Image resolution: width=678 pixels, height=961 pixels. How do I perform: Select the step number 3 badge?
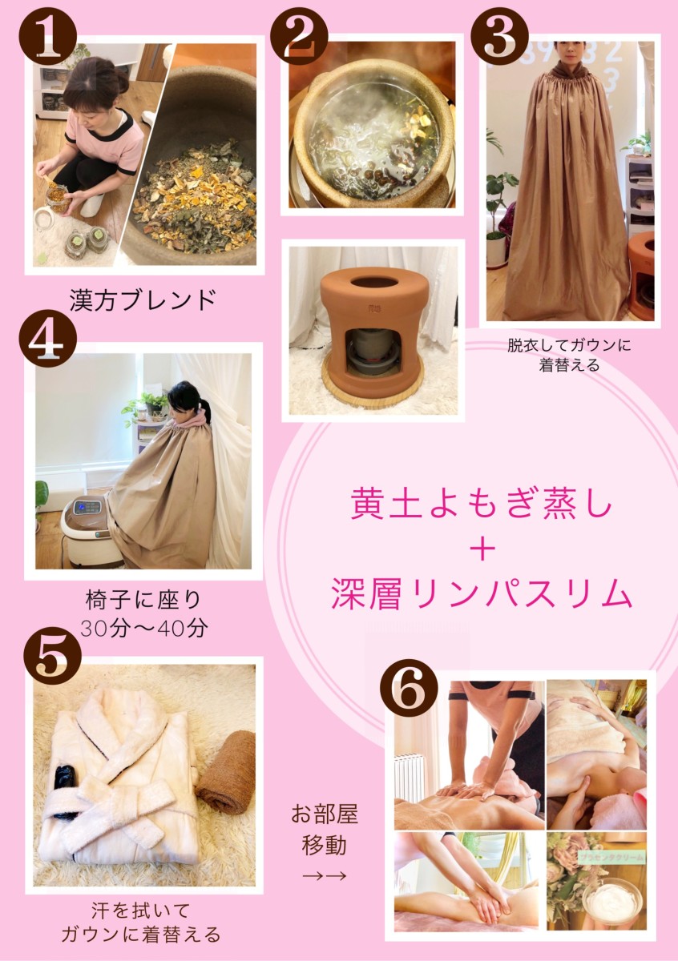(x=499, y=36)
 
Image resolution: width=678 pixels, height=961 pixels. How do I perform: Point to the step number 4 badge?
(x=48, y=338)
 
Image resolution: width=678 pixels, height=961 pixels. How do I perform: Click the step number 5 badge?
(x=52, y=657)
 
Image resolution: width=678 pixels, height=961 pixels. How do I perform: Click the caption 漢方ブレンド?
(x=143, y=300)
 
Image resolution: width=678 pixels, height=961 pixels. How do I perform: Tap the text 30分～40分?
(x=144, y=629)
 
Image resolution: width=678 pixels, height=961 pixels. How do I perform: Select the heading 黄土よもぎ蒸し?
(x=482, y=506)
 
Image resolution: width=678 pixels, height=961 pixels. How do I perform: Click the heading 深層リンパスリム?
(x=482, y=593)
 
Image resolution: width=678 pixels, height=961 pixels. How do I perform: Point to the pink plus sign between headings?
(x=482, y=549)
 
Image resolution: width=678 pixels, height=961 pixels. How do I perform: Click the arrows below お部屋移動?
(x=325, y=875)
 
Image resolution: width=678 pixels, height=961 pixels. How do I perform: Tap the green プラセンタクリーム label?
(x=611, y=857)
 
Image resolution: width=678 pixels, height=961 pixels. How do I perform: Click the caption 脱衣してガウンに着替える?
(x=569, y=356)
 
